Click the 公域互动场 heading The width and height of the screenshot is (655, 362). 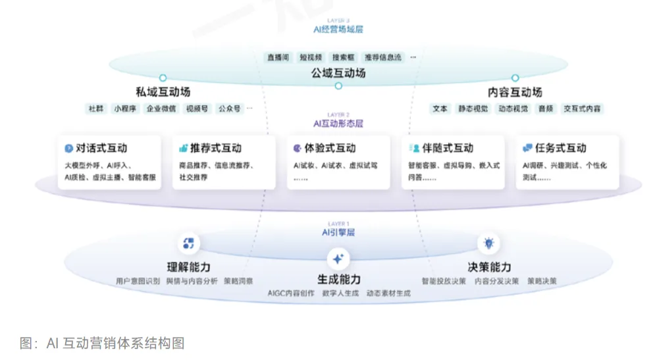click(x=338, y=73)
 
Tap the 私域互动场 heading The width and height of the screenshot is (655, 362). click(x=163, y=92)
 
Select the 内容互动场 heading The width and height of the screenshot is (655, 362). click(x=515, y=92)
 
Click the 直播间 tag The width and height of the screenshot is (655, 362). click(x=278, y=57)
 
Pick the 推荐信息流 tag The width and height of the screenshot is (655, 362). click(x=383, y=57)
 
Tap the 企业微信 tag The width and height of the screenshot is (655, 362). click(x=161, y=109)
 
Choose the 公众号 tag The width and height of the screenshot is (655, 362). click(x=230, y=109)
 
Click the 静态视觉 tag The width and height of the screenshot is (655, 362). click(x=473, y=109)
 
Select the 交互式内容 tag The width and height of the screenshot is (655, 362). click(x=582, y=109)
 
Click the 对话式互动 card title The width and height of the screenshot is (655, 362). click(x=101, y=148)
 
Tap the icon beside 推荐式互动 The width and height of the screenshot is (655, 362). click(x=183, y=148)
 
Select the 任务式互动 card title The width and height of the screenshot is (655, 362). click(x=560, y=148)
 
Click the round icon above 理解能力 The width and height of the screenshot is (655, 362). click(x=188, y=244)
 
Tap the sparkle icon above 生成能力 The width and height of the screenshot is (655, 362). click(x=338, y=258)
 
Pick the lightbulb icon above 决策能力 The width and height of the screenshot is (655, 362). click(x=488, y=244)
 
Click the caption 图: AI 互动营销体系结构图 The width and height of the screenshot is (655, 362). click(x=102, y=343)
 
